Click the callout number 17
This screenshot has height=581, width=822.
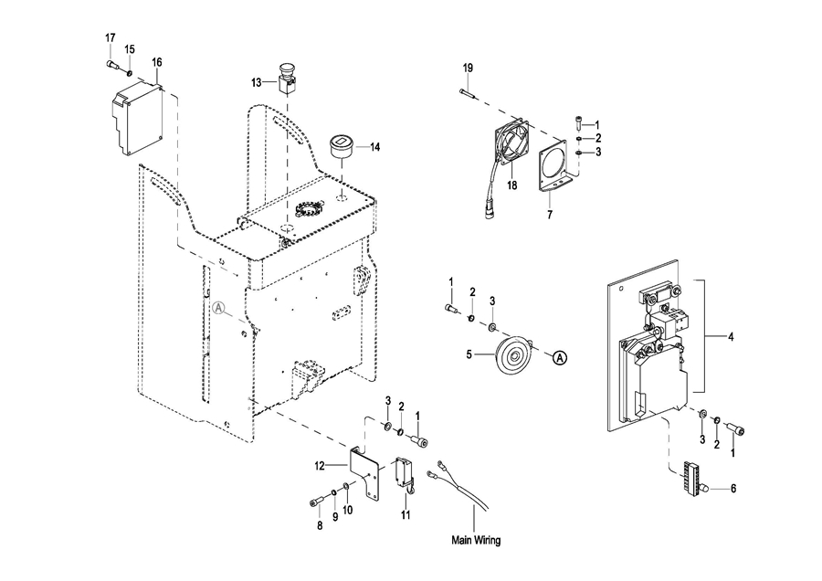[111, 38]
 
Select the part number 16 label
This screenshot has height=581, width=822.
[157, 62]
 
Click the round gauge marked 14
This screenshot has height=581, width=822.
[342, 145]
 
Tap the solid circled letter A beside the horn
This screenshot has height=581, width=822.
[561, 358]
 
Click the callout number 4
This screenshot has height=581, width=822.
[731, 337]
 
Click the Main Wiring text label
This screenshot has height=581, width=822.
[476, 540]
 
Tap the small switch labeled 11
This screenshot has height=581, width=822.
[406, 474]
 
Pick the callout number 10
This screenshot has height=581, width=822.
[348, 510]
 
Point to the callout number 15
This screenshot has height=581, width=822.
[130, 49]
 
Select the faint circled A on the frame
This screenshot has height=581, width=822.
[219, 308]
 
